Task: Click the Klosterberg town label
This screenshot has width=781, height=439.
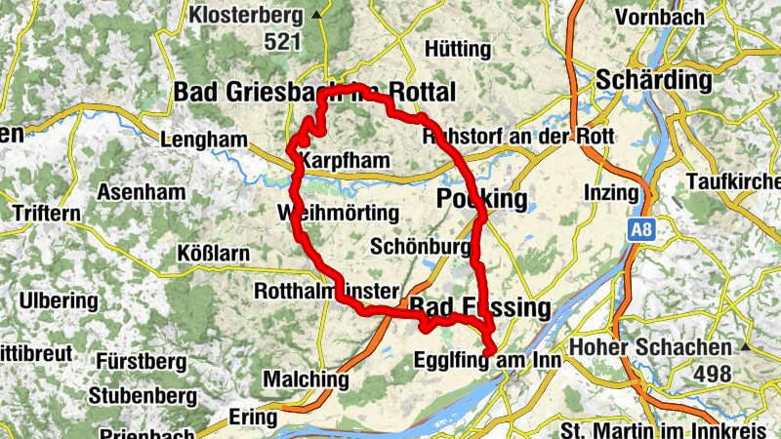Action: pyautogui.click(x=244, y=16)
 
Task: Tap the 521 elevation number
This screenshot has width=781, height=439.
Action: pyautogui.click(x=283, y=42)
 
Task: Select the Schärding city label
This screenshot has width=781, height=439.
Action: pyautogui.click(x=656, y=78)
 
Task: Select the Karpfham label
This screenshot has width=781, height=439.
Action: pyautogui.click(x=347, y=160)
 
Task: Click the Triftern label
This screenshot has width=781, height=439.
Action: pyautogui.click(x=47, y=212)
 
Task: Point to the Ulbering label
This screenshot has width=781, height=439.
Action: pyautogui.click(x=55, y=299)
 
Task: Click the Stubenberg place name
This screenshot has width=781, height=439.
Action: pyautogui.click(x=142, y=396)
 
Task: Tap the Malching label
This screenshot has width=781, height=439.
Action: pyautogui.click(x=306, y=379)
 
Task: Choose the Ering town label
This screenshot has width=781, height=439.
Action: pyautogui.click(x=253, y=417)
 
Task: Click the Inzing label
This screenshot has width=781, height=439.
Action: pyautogui.click(x=610, y=192)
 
